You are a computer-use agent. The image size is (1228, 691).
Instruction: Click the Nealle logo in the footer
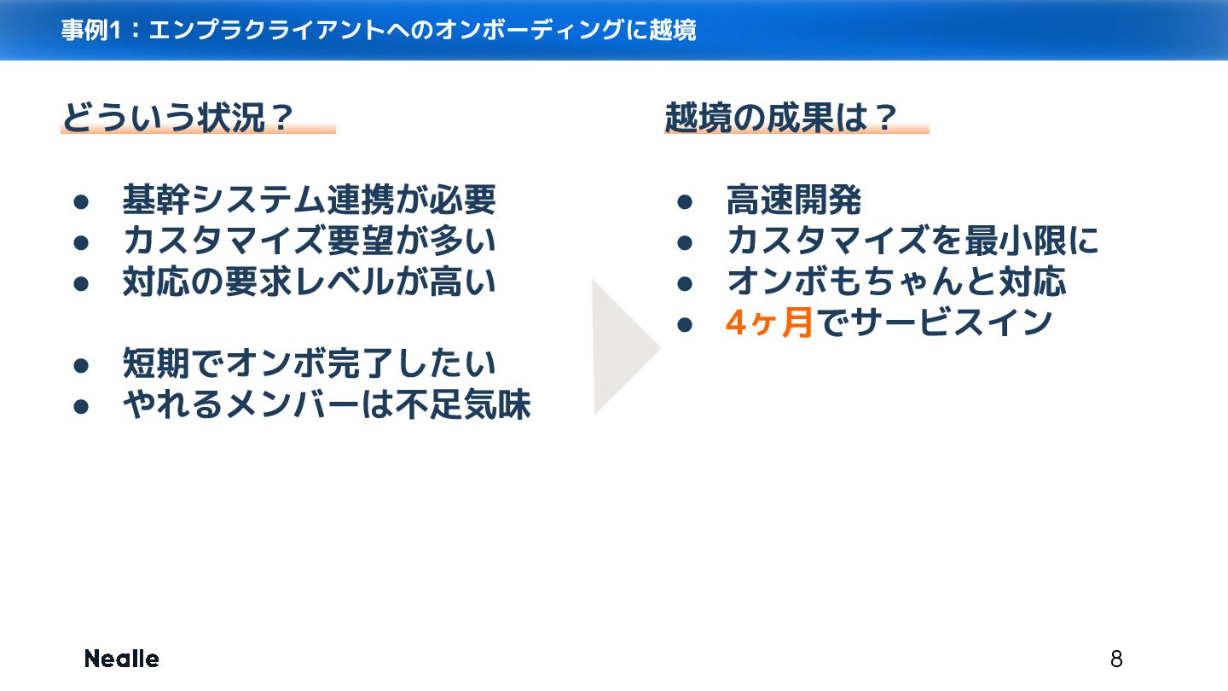coord(121,659)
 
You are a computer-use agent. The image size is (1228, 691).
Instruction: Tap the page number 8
coord(1116,659)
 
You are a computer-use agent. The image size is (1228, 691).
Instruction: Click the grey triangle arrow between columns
coord(623,347)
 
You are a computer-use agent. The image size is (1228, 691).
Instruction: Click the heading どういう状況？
coord(178,119)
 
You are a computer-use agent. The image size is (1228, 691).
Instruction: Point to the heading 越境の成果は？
coord(781,119)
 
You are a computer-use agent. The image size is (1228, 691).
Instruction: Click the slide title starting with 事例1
coord(379,31)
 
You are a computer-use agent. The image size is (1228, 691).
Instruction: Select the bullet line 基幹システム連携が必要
coord(309,200)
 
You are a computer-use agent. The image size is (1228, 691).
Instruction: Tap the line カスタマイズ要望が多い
coord(309,241)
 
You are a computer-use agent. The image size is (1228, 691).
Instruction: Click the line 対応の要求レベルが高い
coord(309,282)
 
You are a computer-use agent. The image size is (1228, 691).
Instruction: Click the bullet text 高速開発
coord(794,200)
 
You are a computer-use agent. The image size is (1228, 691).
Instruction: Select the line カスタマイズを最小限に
coord(913,241)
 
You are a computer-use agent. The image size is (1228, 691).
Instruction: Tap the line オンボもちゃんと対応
coord(896,282)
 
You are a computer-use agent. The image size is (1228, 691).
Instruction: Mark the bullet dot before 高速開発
coord(684,202)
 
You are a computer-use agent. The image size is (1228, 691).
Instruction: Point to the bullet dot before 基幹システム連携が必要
coord(81,202)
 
